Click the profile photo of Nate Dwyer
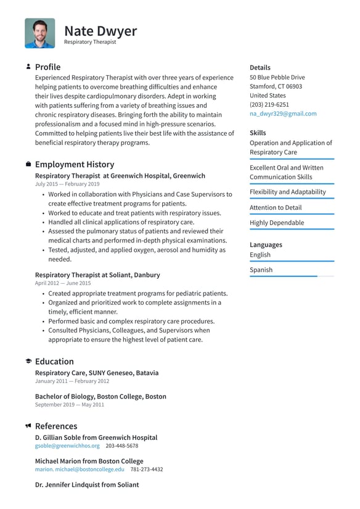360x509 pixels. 39,33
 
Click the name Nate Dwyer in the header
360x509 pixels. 100,31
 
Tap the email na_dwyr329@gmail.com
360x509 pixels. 283,114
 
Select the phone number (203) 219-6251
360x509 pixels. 269,105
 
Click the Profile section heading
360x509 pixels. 47,67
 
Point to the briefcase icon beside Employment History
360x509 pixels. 28,165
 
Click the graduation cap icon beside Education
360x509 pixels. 28,362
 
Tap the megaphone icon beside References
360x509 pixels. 28,426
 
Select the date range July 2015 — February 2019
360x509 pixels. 67,184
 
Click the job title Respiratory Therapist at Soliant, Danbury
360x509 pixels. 97,275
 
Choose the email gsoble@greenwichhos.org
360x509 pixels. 67,445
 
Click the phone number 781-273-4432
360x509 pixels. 147,469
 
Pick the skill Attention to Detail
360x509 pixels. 276,208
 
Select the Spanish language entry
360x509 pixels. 261,270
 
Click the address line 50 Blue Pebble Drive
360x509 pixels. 277,78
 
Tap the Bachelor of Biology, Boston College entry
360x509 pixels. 100,396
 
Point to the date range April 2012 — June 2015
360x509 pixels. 63,283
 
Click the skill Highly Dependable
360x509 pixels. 277,223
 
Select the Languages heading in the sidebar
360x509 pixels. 266,244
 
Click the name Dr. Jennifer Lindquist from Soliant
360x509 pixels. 87,484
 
